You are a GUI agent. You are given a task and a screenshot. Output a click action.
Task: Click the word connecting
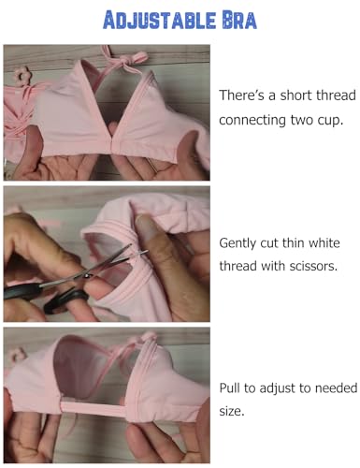[x=255, y=121]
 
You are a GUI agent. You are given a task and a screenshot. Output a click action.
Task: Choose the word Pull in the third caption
[x=231, y=388]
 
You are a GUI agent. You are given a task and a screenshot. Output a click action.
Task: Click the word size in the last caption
[x=234, y=413]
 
